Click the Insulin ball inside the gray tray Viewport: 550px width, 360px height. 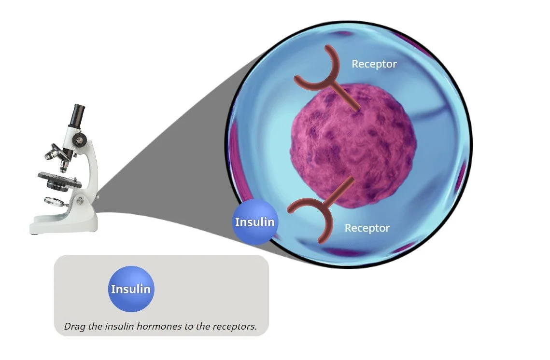coord(131,289)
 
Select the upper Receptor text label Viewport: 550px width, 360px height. coord(374,64)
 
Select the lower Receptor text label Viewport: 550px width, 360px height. coord(367,228)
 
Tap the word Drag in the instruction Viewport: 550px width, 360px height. coord(74,326)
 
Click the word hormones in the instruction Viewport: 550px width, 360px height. coord(167,326)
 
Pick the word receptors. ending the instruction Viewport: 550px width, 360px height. coord(235,326)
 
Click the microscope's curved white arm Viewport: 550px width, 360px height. coord(91,169)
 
